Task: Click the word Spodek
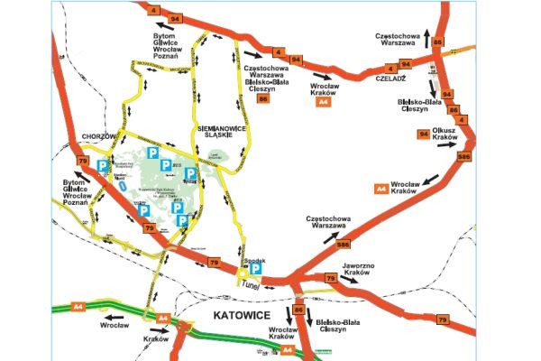point(243,258)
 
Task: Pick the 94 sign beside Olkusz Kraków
point(423,134)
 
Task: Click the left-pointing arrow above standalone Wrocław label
point(115,318)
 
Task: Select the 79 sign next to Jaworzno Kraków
point(329,280)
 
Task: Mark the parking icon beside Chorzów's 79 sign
point(103,166)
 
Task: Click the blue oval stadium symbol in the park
point(121,190)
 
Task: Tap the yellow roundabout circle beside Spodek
point(241,271)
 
